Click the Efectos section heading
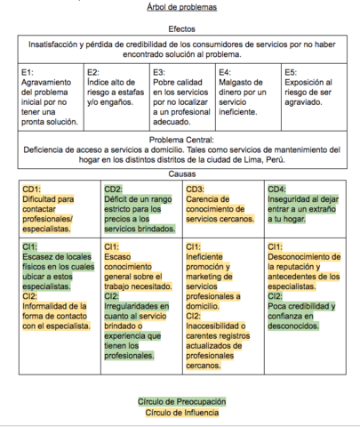coord(180,29)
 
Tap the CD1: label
coord(33,189)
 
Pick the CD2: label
coord(114,189)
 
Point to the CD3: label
coord(196,189)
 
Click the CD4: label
coord(276,189)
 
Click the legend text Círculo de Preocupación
coord(181,401)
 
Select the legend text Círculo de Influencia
coord(181,412)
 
